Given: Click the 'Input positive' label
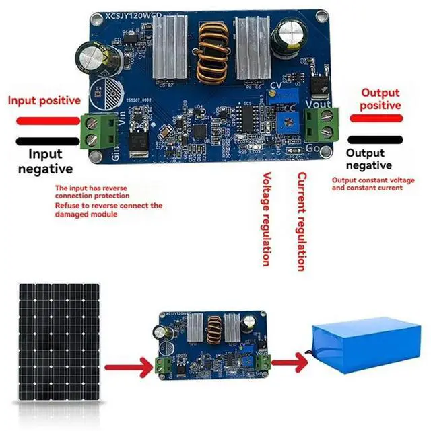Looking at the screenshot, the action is point(44,101).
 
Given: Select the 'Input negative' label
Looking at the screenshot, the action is point(46,161).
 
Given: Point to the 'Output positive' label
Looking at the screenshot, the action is point(380,100).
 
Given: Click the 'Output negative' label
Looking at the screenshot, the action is point(368,159).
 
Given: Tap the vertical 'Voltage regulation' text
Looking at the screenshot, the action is point(266,219).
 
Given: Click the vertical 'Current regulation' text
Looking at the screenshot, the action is point(302,221).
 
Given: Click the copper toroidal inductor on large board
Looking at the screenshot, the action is point(212,50).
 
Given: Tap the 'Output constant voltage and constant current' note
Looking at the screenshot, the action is point(368,184).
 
